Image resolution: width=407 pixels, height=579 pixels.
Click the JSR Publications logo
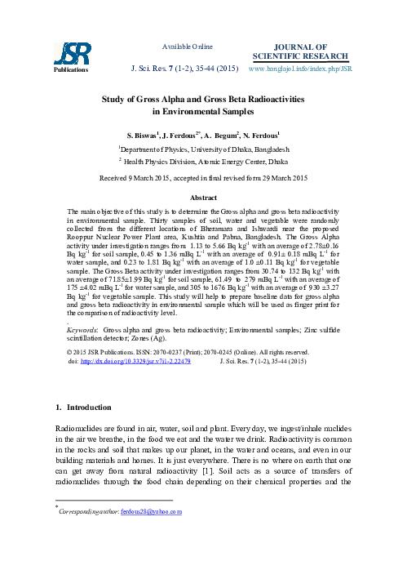67,56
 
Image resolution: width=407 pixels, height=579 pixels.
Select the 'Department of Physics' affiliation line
203,149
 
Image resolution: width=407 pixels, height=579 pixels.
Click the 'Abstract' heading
203,198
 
